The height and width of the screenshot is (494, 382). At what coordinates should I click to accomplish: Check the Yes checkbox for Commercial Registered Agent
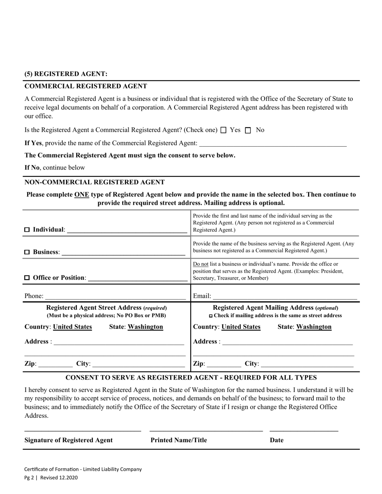[224, 130]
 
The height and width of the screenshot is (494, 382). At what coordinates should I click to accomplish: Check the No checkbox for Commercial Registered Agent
[248, 130]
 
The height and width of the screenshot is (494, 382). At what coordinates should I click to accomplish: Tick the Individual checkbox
[27, 230]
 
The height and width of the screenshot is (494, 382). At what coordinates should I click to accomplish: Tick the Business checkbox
[27, 252]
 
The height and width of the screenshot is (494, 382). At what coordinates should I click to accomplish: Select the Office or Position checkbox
[27, 278]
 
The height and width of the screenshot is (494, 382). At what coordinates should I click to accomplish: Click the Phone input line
[115, 296]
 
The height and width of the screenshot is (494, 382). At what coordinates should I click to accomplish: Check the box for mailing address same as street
[211, 316]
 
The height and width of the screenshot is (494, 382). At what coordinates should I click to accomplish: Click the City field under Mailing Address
[307, 364]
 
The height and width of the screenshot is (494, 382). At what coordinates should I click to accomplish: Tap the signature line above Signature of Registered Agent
[83, 431]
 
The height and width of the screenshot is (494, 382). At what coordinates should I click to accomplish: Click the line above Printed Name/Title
[206, 431]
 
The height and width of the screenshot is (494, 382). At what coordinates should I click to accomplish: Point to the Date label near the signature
[277, 440]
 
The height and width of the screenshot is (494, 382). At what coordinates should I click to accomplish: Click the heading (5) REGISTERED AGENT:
[66, 74]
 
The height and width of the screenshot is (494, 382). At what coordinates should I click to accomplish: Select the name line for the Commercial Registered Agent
[273, 144]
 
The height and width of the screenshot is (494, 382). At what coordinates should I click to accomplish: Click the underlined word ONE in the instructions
[82, 194]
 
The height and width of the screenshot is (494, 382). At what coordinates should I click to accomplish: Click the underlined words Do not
[201, 264]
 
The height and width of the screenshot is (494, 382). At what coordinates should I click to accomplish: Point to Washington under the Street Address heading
[145, 327]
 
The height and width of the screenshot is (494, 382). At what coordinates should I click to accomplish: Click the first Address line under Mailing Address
[287, 342]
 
